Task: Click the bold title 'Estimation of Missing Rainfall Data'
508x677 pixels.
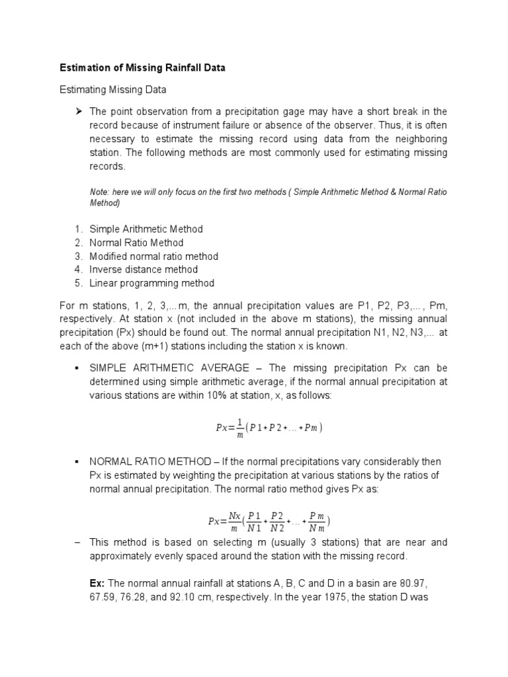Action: (142, 67)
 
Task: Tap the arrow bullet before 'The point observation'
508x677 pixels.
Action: (78, 110)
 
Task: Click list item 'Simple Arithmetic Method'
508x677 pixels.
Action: (146, 229)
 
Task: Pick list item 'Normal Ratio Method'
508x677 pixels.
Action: (137, 243)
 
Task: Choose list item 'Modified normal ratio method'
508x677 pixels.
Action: (153, 256)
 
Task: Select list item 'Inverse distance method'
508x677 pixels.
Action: (144, 270)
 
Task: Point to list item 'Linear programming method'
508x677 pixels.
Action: (152, 283)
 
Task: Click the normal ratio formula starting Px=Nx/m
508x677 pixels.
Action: (269, 521)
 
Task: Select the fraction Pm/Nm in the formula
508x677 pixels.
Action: (317, 521)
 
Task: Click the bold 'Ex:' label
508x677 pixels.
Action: (97, 583)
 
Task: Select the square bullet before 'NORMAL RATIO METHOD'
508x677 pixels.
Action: (78, 461)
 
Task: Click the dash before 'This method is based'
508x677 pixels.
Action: (77, 542)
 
